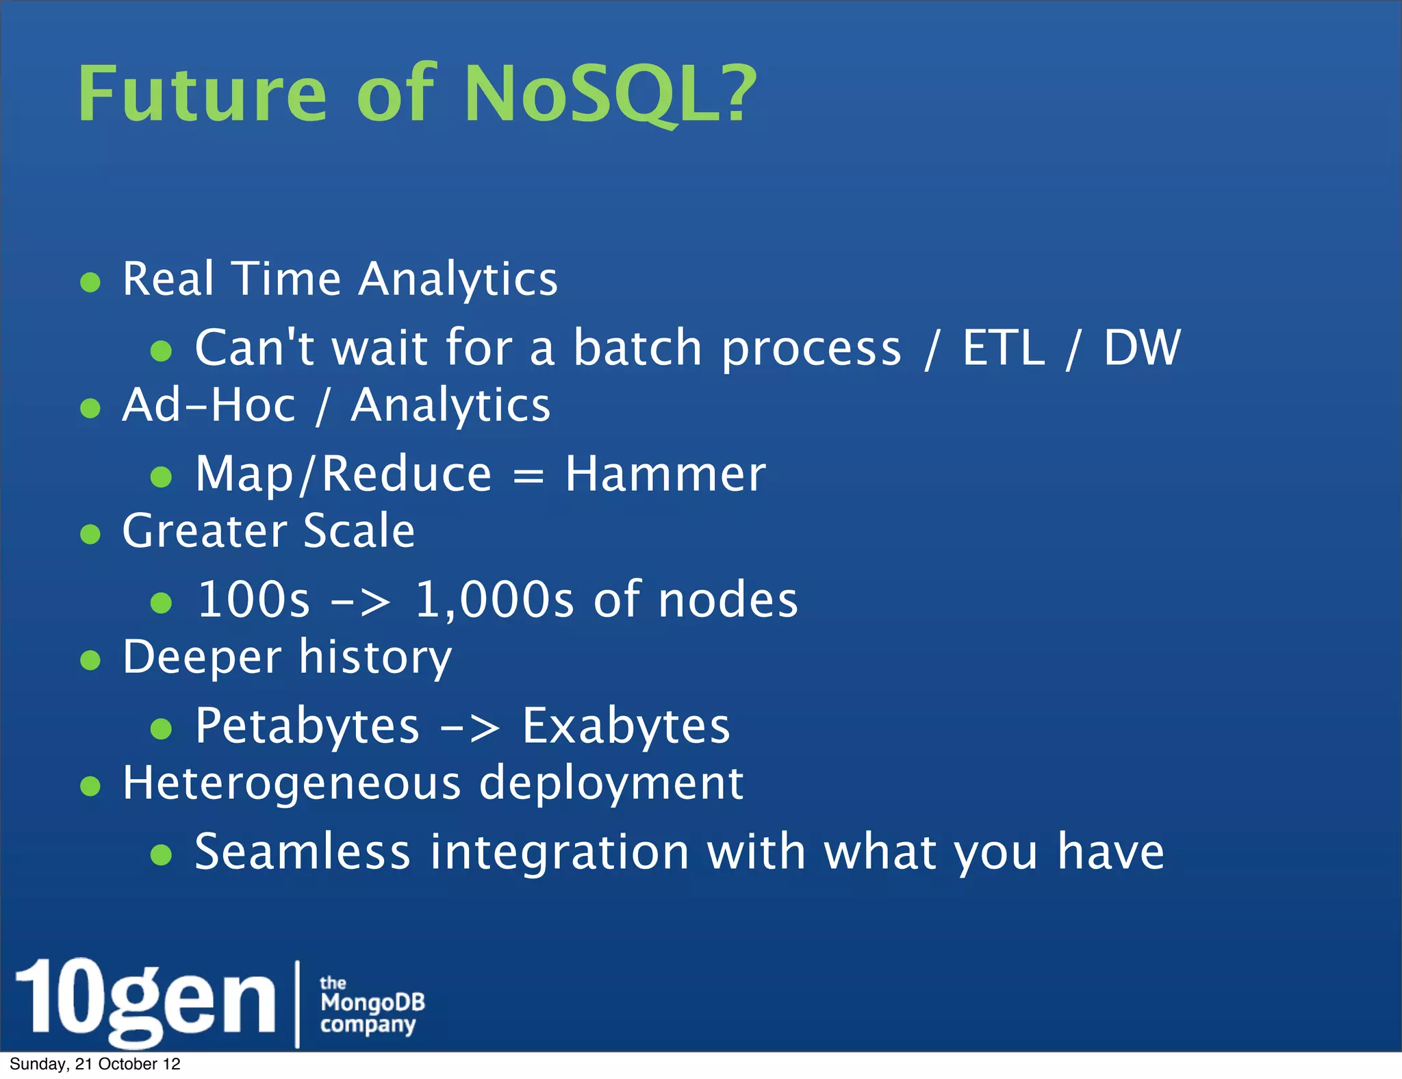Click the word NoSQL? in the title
click(x=609, y=94)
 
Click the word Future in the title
click(x=203, y=94)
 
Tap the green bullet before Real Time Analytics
click(x=90, y=282)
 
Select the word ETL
click(x=1004, y=348)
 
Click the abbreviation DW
click(x=1142, y=348)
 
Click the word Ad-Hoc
click(x=209, y=405)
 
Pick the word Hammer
click(x=665, y=474)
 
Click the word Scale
click(x=359, y=531)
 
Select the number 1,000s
click(x=494, y=600)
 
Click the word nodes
click(x=728, y=600)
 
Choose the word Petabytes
click(x=307, y=726)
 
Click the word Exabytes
click(x=626, y=726)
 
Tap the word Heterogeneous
click(x=292, y=783)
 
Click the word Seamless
click(x=302, y=852)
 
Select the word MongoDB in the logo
click(x=372, y=1002)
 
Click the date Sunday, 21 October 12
click(x=95, y=1064)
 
